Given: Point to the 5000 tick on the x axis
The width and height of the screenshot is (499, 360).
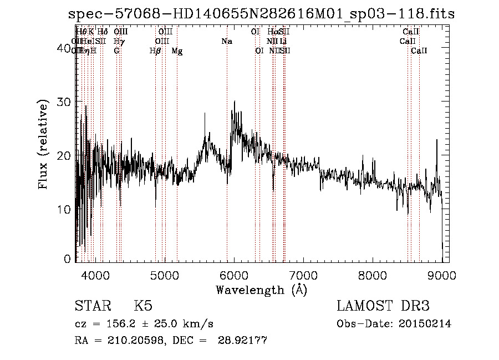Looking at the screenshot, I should pyautogui.click(x=164, y=274).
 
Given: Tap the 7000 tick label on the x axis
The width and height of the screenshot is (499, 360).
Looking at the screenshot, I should pyautogui.click(x=303, y=274).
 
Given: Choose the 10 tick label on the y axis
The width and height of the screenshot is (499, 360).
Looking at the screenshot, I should pyautogui.click(x=65, y=210).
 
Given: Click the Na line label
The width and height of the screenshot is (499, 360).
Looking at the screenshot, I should pyautogui.click(x=226, y=42).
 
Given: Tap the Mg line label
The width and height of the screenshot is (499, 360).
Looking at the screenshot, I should pyautogui.click(x=177, y=51).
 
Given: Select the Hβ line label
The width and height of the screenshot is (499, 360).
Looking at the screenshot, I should pyautogui.click(x=155, y=51).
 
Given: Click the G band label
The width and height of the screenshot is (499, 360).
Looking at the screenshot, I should pyautogui.click(x=116, y=51).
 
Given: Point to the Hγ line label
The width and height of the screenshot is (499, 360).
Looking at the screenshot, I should pyautogui.click(x=118, y=42).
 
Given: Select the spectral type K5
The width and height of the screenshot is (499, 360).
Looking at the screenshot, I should pyautogui.click(x=143, y=306).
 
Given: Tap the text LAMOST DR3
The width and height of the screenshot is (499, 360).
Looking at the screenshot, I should pyautogui.click(x=383, y=306).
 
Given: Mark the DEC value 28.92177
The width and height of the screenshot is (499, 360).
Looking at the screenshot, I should pyautogui.click(x=245, y=341).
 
